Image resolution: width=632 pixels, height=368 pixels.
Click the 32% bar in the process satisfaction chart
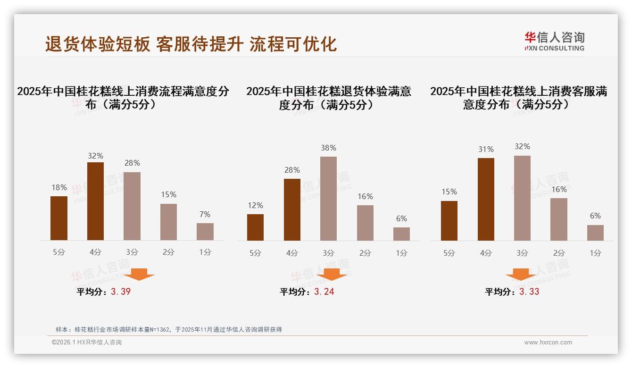95,201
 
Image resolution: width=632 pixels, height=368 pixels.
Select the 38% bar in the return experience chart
328,198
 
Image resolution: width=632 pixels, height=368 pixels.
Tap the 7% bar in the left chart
205,232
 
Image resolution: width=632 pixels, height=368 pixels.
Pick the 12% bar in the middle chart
255,227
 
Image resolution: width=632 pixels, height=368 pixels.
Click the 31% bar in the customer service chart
486,199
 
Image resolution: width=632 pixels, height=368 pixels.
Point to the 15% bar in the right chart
449,220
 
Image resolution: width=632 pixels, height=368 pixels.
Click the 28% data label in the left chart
132,163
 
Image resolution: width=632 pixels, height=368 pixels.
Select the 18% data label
59,187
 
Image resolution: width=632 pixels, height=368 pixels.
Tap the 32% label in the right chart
522,147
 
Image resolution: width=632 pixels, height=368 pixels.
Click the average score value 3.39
121,292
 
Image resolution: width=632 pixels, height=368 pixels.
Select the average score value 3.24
324,292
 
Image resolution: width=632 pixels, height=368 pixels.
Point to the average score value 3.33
529,292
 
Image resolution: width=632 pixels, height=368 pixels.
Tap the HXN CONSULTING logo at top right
554,41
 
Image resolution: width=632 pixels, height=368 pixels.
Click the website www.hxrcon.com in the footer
548,343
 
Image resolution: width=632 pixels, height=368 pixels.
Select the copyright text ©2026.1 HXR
86,343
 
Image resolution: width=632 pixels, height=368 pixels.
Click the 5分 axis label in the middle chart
255,253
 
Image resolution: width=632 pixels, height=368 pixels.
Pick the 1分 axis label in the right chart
595,253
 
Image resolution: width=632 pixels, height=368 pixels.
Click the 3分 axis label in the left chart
132,252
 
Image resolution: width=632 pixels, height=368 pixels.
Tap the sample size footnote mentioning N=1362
168,329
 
